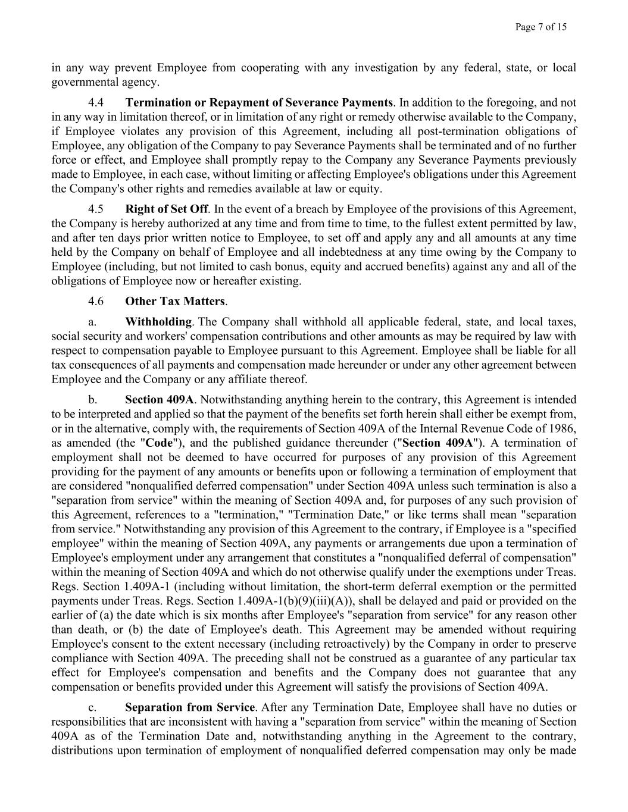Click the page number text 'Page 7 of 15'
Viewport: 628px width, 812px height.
tap(541, 27)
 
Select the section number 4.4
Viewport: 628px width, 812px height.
tap(96, 103)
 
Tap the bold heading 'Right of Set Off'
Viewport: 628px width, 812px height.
tap(166, 209)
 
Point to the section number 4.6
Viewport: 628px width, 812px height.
tap(96, 301)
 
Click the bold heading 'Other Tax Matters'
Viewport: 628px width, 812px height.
tap(175, 301)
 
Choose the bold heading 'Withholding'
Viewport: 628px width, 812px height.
tap(158, 322)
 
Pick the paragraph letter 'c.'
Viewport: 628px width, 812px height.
tap(92, 707)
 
